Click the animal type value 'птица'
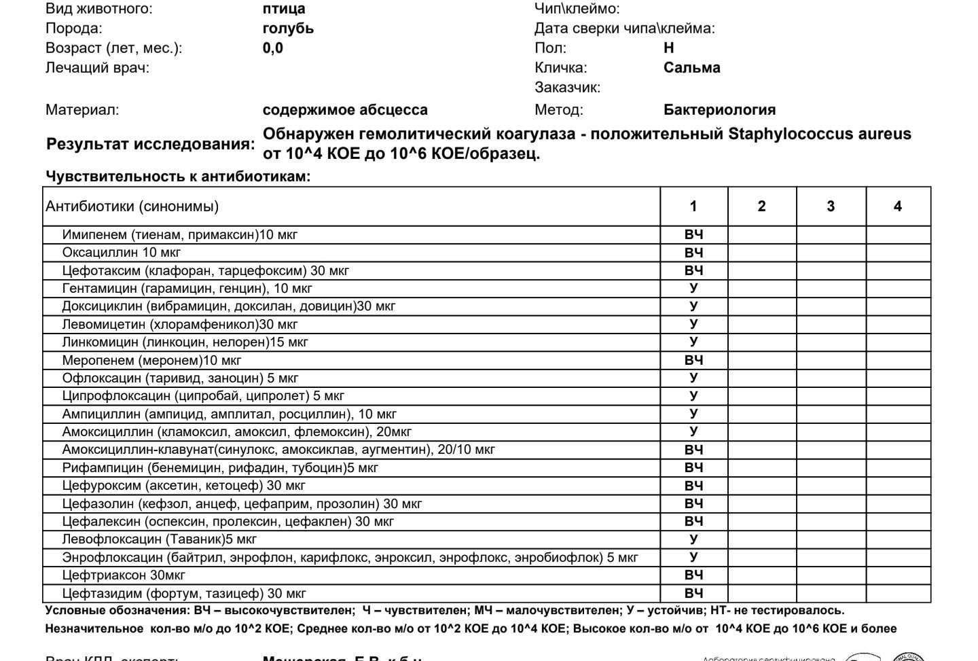(x=284, y=9)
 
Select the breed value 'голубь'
(x=288, y=29)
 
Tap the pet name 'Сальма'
(x=691, y=68)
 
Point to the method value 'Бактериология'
(x=719, y=110)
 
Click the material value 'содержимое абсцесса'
(x=345, y=110)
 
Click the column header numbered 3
(x=830, y=207)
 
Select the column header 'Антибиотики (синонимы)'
(x=132, y=207)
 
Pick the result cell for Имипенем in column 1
(x=693, y=235)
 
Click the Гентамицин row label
(x=187, y=289)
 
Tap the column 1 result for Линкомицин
(x=693, y=342)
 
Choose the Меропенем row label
(x=151, y=360)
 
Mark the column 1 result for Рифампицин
(x=693, y=468)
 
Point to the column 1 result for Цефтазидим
(x=693, y=593)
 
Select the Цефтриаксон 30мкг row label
(x=124, y=575)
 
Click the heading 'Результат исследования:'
(x=151, y=144)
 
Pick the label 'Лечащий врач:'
(x=97, y=68)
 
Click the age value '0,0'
(x=272, y=48)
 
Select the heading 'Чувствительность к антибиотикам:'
(x=178, y=177)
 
